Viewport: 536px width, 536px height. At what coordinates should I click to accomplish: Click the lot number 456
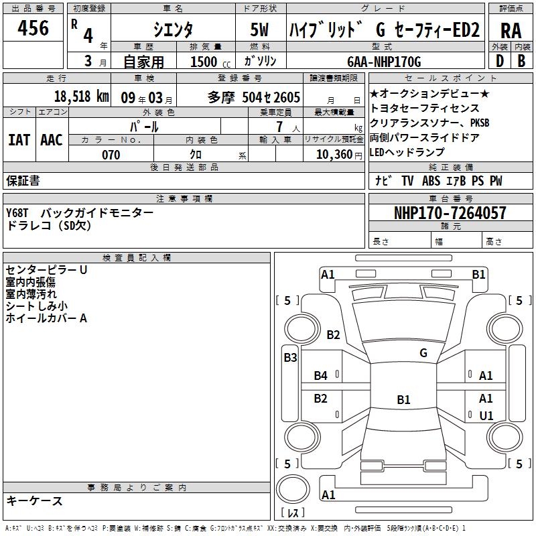(x=33, y=28)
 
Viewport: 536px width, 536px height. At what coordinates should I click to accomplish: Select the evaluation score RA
(x=511, y=31)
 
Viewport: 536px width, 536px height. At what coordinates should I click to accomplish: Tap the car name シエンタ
(x=174, y=29)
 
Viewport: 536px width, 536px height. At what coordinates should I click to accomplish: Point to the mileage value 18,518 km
(x=80, y=96)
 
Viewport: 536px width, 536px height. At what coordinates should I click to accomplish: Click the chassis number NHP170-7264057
(x=450, y=214)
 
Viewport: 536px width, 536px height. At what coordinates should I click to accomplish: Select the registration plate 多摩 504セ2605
(x=254, y=97)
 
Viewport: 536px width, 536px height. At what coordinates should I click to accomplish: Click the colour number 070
(x=111, y=155)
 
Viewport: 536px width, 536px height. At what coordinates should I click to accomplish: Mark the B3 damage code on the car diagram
(x=290, y=358)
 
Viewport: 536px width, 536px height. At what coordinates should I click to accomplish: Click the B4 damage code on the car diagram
(x=321, y=376)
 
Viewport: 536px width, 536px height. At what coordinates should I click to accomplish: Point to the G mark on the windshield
(x=423, y=352)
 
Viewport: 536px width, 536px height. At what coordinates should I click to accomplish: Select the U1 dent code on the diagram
(x=486, y=416)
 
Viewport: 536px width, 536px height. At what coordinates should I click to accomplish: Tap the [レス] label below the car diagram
(x=293, y=513)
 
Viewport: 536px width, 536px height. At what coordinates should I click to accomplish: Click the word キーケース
(x=35, y=501)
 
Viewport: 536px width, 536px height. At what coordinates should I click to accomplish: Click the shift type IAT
(x=19, y=140)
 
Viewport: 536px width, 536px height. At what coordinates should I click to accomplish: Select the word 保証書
(x=23, y=181)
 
